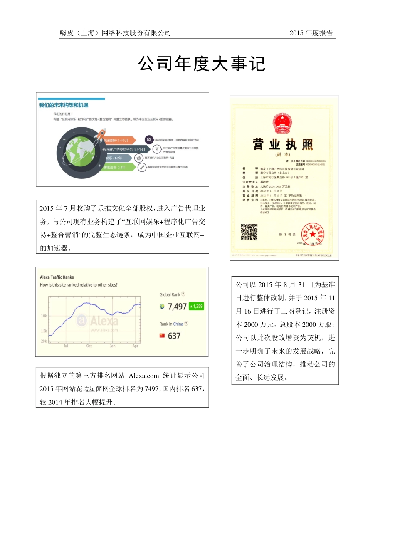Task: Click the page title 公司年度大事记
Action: coord(202,64)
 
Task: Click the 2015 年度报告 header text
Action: coord(311,33)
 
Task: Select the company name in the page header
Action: coord(115,33)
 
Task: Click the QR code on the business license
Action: coord(249,232)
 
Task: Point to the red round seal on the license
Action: coord(312,235)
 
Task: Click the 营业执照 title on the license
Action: coord(283,144)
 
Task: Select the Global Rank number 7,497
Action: coord(177,307)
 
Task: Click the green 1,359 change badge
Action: coord(196,307)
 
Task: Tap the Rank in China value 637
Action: coord(174,336)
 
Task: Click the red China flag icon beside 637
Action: coord(162,335)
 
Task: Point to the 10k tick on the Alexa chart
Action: coord(44,316)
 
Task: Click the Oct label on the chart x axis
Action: coord(89,346)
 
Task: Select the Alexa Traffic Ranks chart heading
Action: coord(57,277)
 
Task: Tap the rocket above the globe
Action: coord(101,135)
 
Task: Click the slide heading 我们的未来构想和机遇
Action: coord(64,105)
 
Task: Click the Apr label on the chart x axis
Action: coord(135,346)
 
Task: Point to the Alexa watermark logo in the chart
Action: coord(98,321)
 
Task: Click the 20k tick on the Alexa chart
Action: coord(44,341)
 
